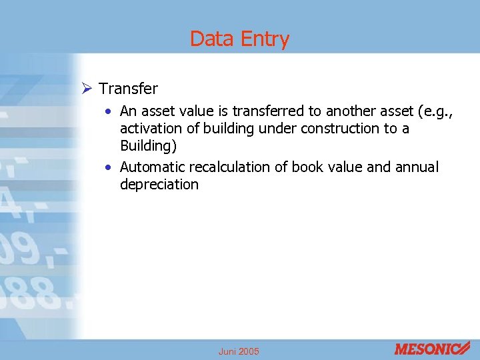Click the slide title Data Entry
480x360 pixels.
(239, 39)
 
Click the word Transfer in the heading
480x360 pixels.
(128, 89)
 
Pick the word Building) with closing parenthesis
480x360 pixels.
(148, 145)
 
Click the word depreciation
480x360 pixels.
(159, 184)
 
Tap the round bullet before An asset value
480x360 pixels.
(108, 111)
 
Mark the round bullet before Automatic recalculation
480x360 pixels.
(108, 167)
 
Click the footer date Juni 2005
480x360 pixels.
(239, 351)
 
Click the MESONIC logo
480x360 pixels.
(432, 348)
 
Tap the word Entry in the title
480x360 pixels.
(265, 39)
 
